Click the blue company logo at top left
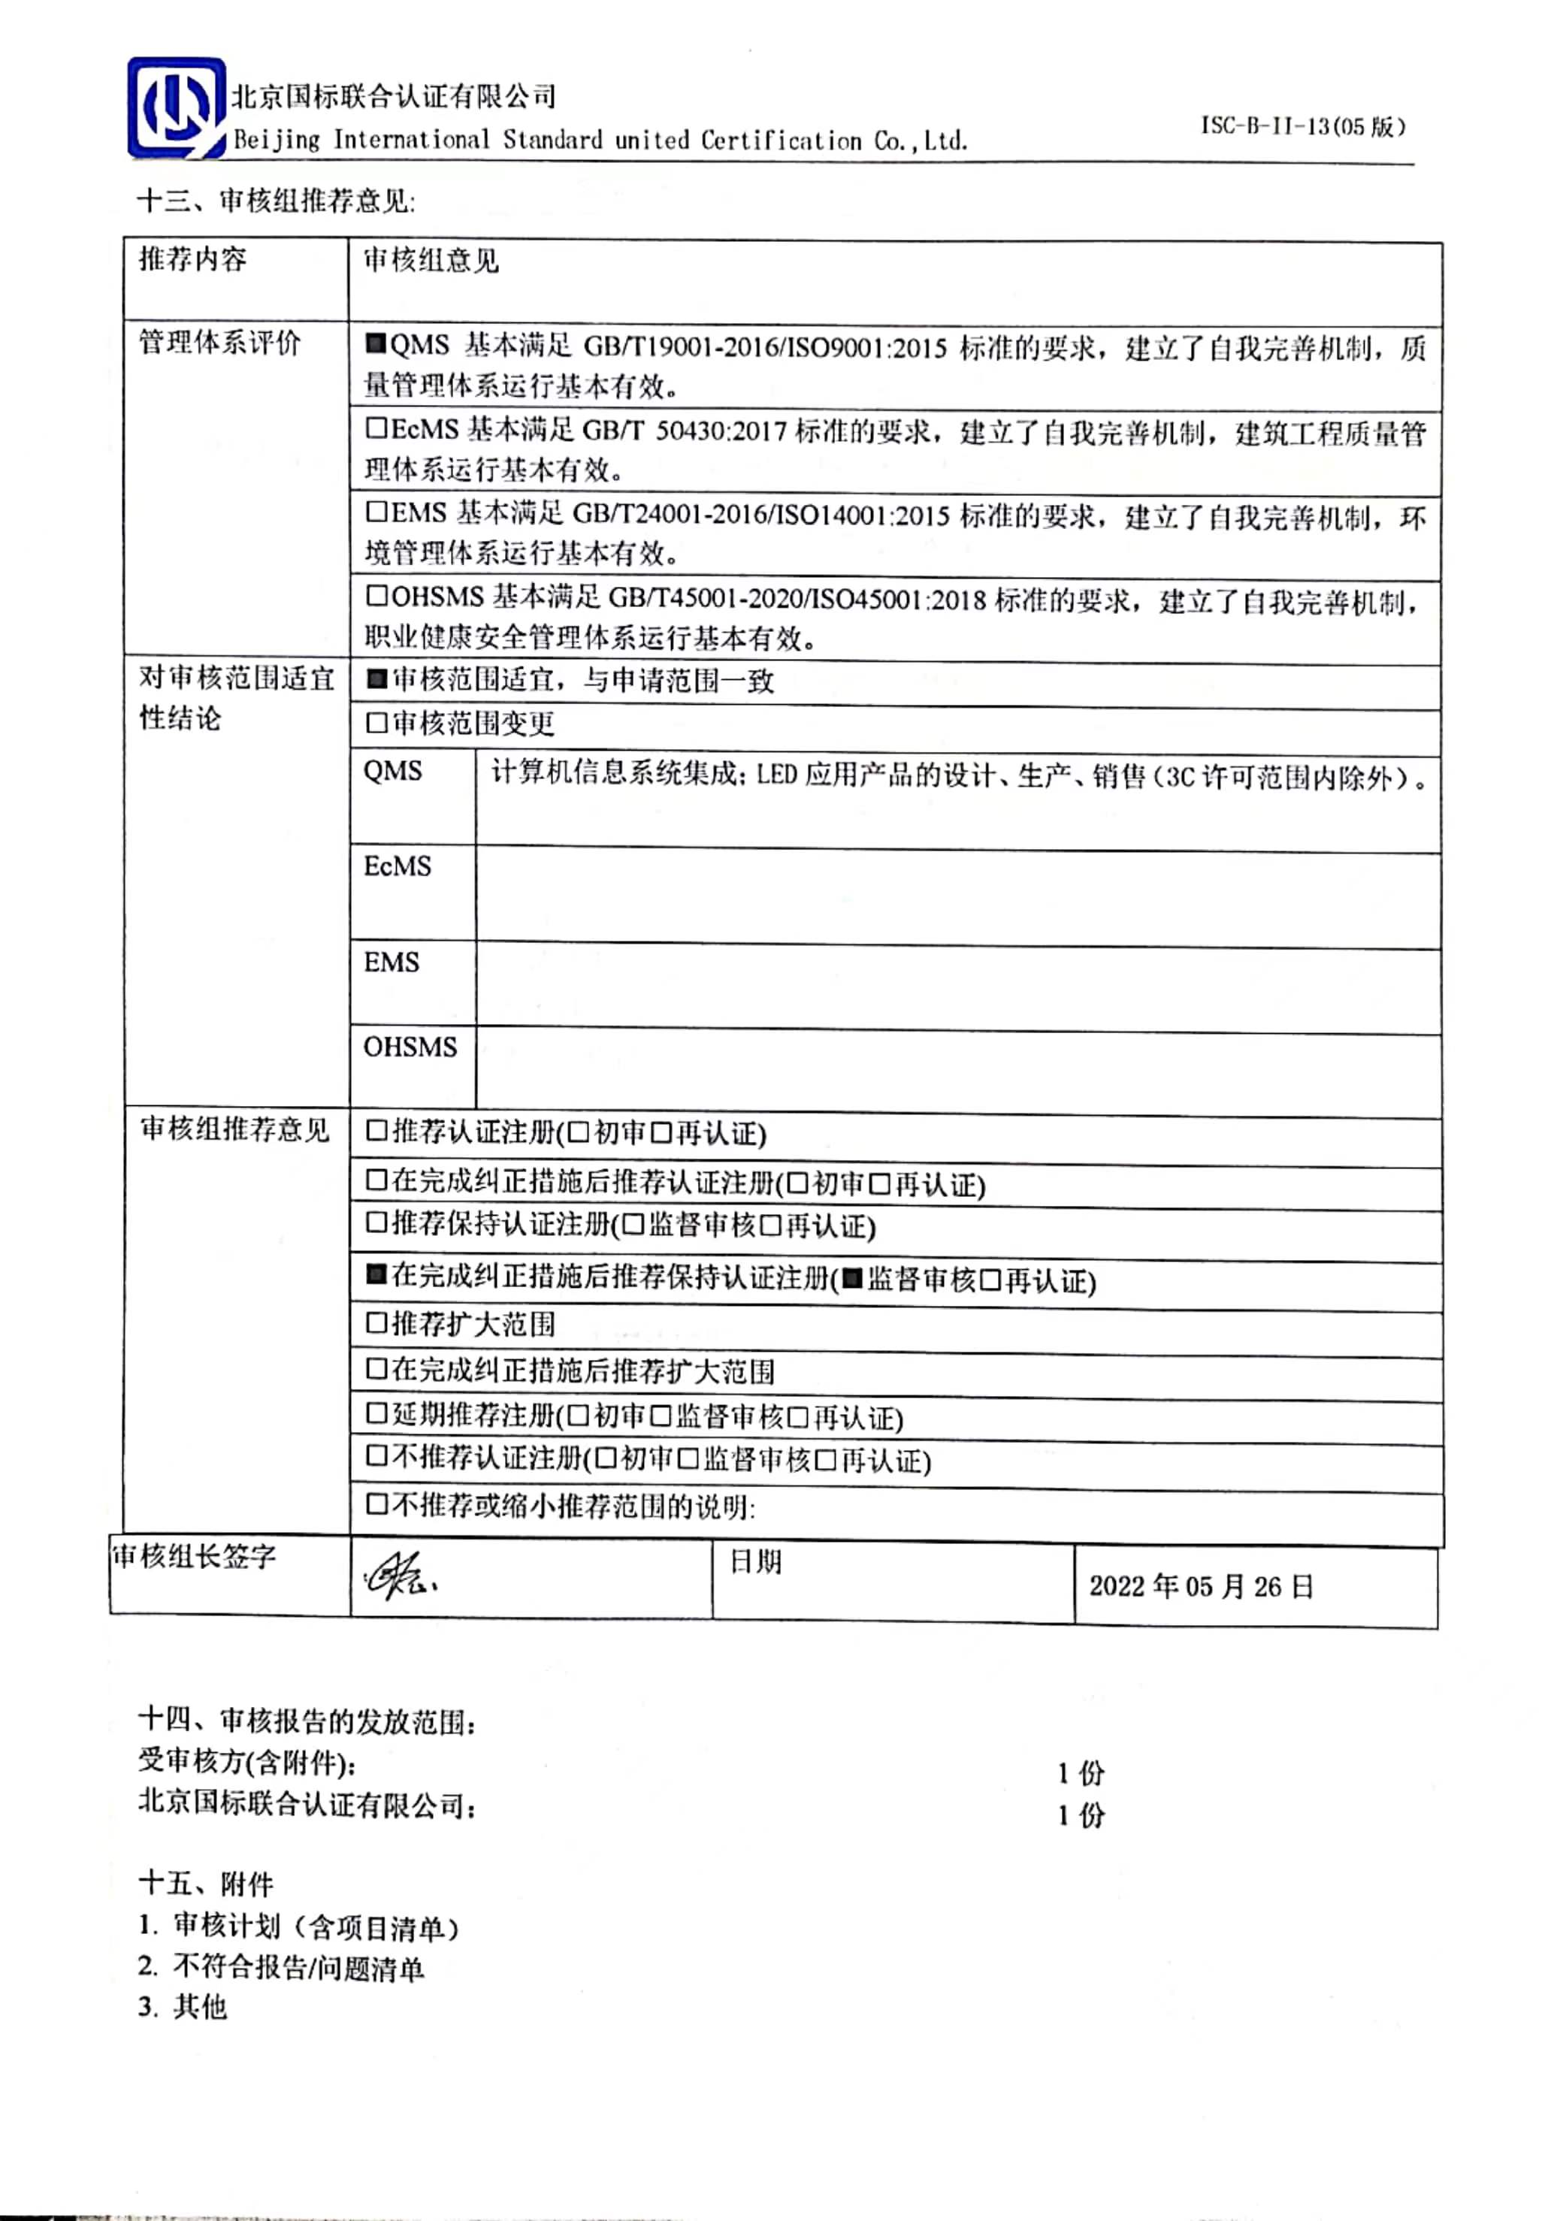(176, 107)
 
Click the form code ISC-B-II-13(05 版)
(1302, 127)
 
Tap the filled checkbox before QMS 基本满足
(376, 344)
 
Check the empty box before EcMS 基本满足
(376, 428)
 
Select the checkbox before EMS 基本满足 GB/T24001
(376, 512)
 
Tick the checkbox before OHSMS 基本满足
(376, 596)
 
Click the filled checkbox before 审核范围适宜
(376, 679)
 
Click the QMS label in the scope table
(393, 771)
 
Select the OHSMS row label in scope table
(410, 1047)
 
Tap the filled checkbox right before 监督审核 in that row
(851, 1279)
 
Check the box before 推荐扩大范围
(376, 1322)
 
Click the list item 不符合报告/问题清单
(298, 1968)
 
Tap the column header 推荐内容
(192, 259)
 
